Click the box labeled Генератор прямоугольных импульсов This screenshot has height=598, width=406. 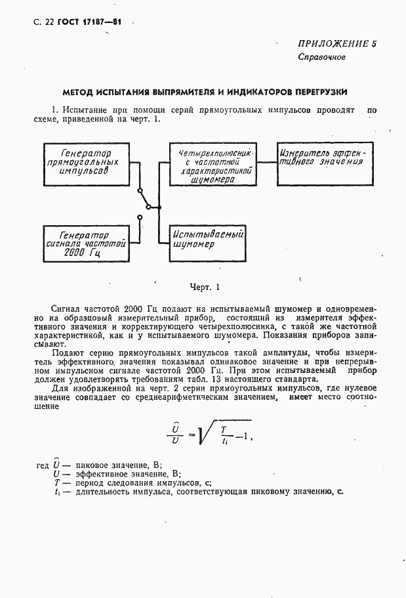point(86,161)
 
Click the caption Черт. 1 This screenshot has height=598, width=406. point(205,286)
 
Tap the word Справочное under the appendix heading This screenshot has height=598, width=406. point(321,57)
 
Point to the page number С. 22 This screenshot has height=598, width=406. point(44,22)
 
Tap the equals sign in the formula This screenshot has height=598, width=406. point(192,433)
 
